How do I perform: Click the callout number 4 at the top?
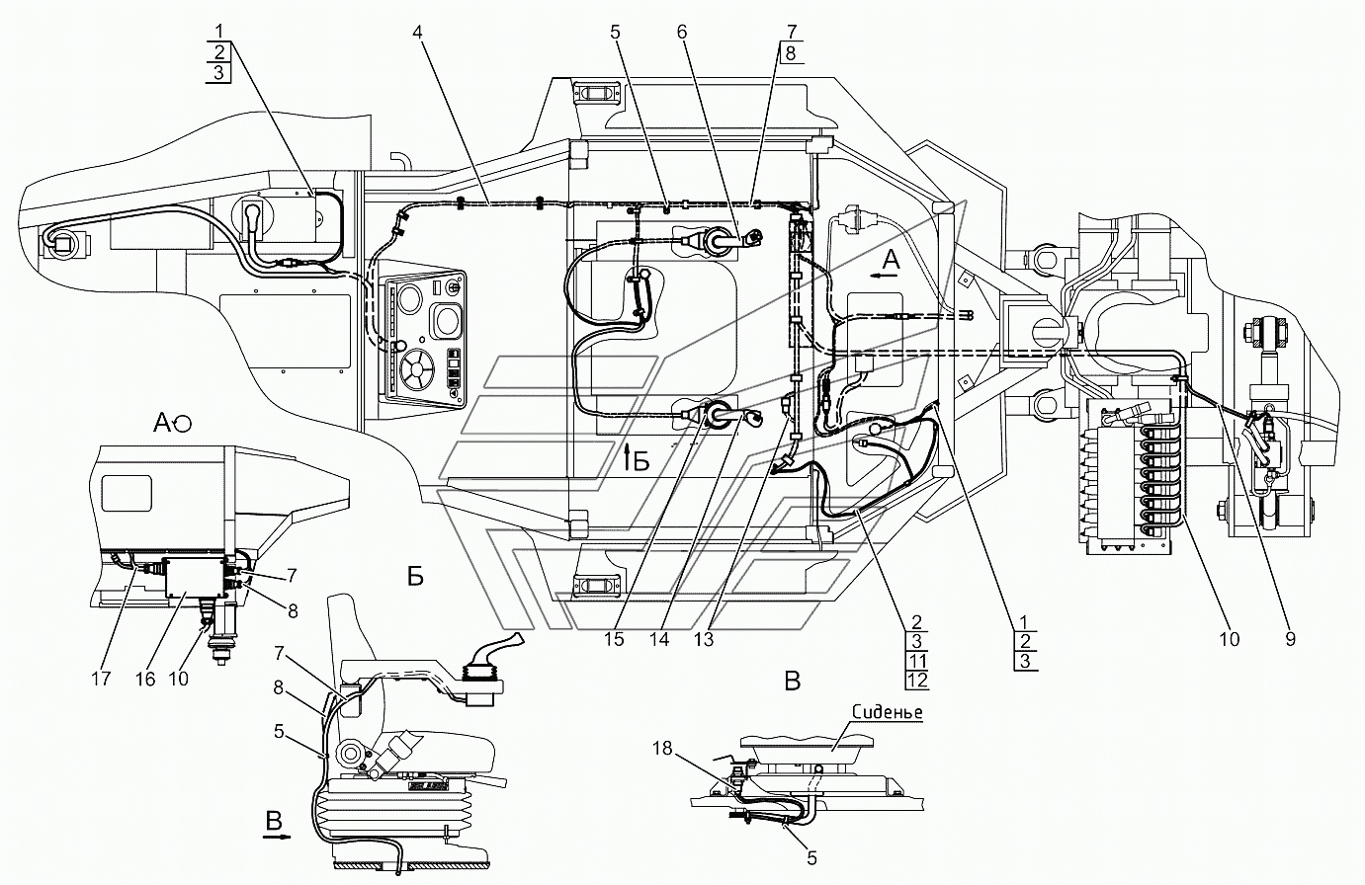[417, 32]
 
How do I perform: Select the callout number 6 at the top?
[682, 32]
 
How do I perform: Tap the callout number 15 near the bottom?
[614, 639]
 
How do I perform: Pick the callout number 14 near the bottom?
[659, 639]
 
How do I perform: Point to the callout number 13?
[703, 639]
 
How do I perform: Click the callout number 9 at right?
[1290, 639]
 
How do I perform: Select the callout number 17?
[101, 679]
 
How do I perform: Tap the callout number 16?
[145, 679]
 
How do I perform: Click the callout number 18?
[663, 748]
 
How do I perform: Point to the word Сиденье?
[888, 712]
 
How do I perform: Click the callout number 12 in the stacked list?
[917, 681]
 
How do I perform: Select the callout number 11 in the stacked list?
[917, 660]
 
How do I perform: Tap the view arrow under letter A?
[885, 276]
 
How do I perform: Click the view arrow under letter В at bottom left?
[277, 837]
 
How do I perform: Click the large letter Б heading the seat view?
[415, 576]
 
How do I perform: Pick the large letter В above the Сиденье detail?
[793, 681]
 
